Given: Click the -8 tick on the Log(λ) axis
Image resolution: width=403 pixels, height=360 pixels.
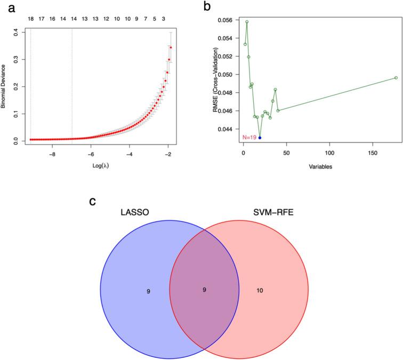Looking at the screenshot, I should (52, 154).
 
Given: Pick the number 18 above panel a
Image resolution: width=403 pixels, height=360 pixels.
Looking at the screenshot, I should (30, 18).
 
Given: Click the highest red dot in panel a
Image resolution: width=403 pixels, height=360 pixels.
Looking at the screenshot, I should (171, 47).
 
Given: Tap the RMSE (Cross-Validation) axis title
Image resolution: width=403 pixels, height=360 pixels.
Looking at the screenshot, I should (216, 81).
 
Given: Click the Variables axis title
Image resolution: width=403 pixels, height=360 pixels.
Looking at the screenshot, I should (317, 166).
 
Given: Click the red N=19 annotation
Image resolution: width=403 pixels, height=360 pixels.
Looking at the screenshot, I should (249, 138).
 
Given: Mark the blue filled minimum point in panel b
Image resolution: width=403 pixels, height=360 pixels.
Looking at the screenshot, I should (260, 138).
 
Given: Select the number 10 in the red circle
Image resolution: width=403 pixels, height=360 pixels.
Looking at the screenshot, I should (260, 290).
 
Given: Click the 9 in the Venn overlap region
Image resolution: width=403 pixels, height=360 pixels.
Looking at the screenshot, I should (204, 290).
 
